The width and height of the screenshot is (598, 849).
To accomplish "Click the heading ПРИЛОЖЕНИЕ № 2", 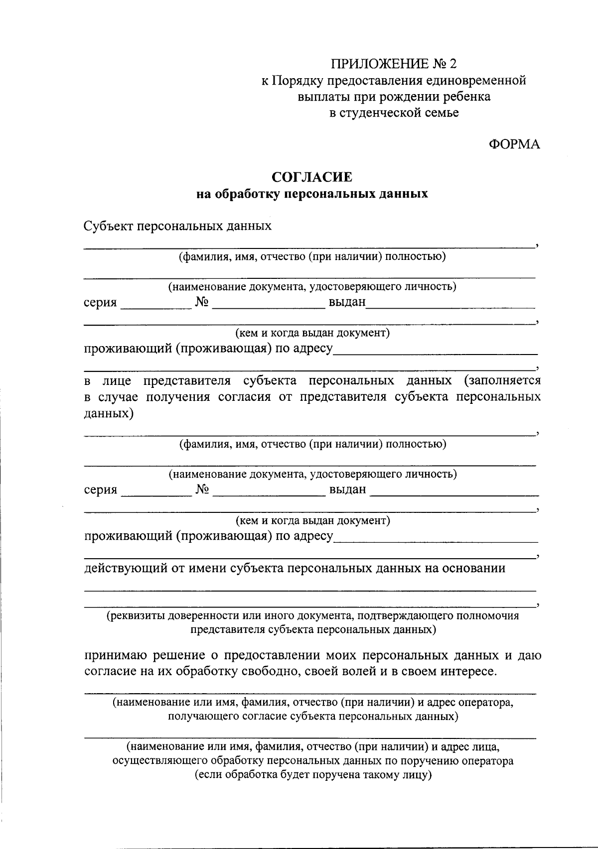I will [x=394, y=64].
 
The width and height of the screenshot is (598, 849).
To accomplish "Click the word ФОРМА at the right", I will [x=514, y=144].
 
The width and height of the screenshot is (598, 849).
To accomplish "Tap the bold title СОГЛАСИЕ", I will [x=312, y=177].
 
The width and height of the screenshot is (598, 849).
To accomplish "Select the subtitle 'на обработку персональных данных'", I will [x=312, y=194].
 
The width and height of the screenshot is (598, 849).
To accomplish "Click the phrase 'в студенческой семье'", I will [x=394, y=113].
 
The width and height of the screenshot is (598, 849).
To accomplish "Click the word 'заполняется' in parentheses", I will [x=502, y=381].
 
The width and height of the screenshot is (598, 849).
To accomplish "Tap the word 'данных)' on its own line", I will [x=109, y=414].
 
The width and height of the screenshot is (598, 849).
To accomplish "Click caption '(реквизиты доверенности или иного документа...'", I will [x=312, y=616].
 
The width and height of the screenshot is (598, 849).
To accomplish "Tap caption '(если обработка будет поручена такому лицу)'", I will [x=312, y=775].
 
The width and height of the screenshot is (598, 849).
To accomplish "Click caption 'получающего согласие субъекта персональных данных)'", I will [x=312, y=717].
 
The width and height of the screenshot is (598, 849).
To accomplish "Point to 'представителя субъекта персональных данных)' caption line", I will [x=312, y=629].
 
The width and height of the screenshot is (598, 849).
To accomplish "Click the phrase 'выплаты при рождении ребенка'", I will [x=394, y=97].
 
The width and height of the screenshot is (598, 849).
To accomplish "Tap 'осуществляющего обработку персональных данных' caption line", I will [x=312, y=761].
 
